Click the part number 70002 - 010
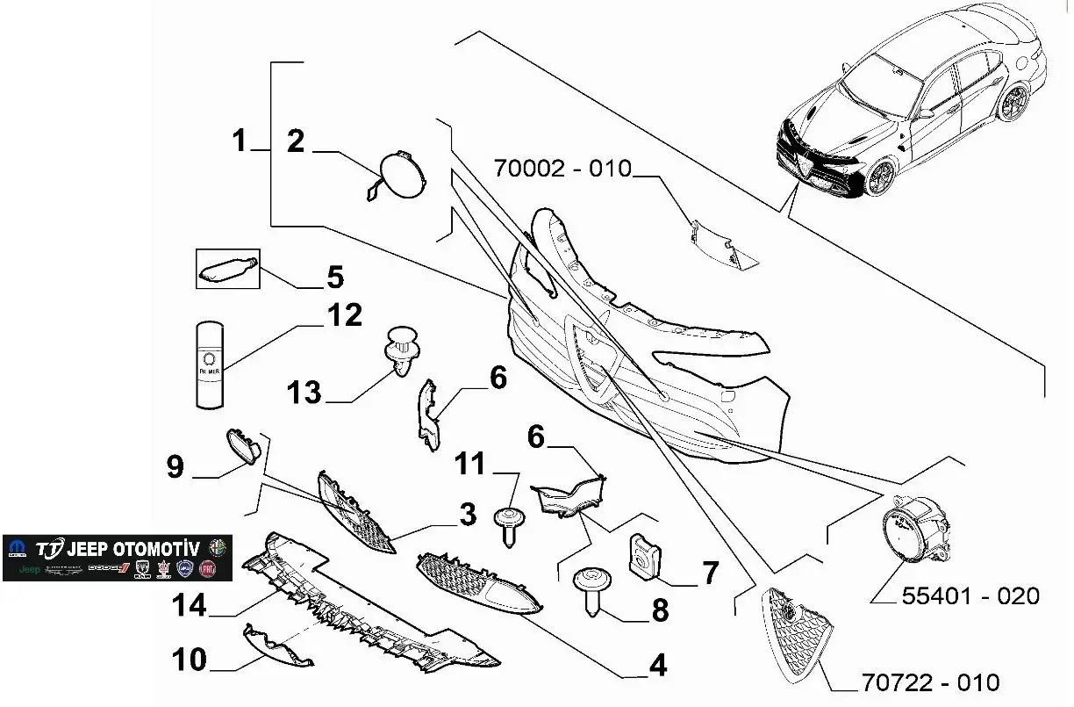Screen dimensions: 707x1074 (562, 167)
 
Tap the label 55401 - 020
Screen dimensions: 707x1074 (970, 596)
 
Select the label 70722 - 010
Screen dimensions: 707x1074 (930, 682)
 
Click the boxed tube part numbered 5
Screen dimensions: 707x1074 (226, 268)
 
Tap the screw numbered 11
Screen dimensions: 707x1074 (507, 524)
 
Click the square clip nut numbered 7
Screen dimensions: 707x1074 (644, 556)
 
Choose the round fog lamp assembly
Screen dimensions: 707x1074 (913, 530)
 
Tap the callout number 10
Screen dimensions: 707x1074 (189, 660)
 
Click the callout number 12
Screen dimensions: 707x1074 (343, 314)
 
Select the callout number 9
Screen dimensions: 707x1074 (175, 467)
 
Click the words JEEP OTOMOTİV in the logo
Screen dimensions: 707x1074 (132, 548)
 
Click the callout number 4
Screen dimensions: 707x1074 (658, 665)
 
